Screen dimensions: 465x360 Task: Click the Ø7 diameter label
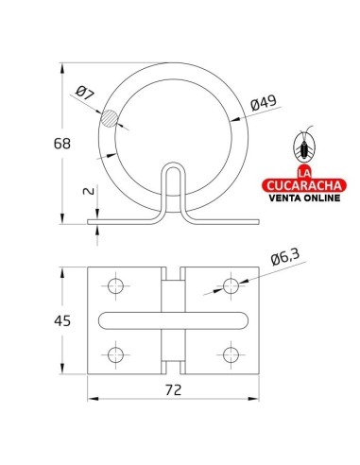83,94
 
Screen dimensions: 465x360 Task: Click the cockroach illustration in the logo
305,145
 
